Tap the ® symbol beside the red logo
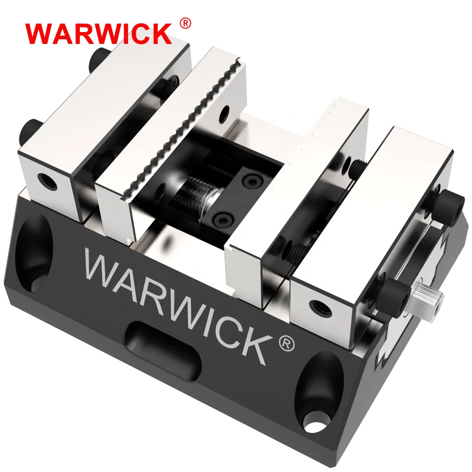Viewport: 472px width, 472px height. point(185,23)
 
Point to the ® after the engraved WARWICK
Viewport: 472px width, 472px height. point(286,344)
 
